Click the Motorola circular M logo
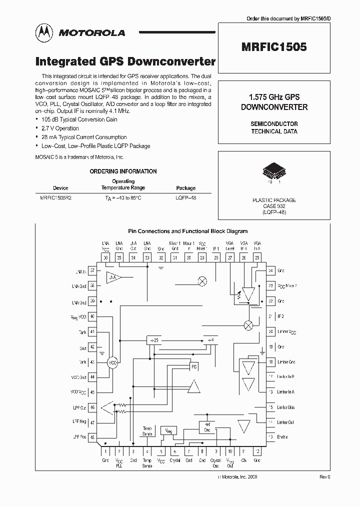[43, 33]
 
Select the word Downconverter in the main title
[171, 61]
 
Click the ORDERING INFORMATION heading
[123, 171]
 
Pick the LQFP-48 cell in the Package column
[186, 198]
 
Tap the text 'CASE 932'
[273, 206]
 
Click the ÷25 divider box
[153, 340]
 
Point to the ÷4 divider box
[211, 340]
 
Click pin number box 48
[92, 436]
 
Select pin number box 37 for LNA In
[92, 270]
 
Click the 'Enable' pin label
[282, 436]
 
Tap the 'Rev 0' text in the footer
[325, 477]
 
